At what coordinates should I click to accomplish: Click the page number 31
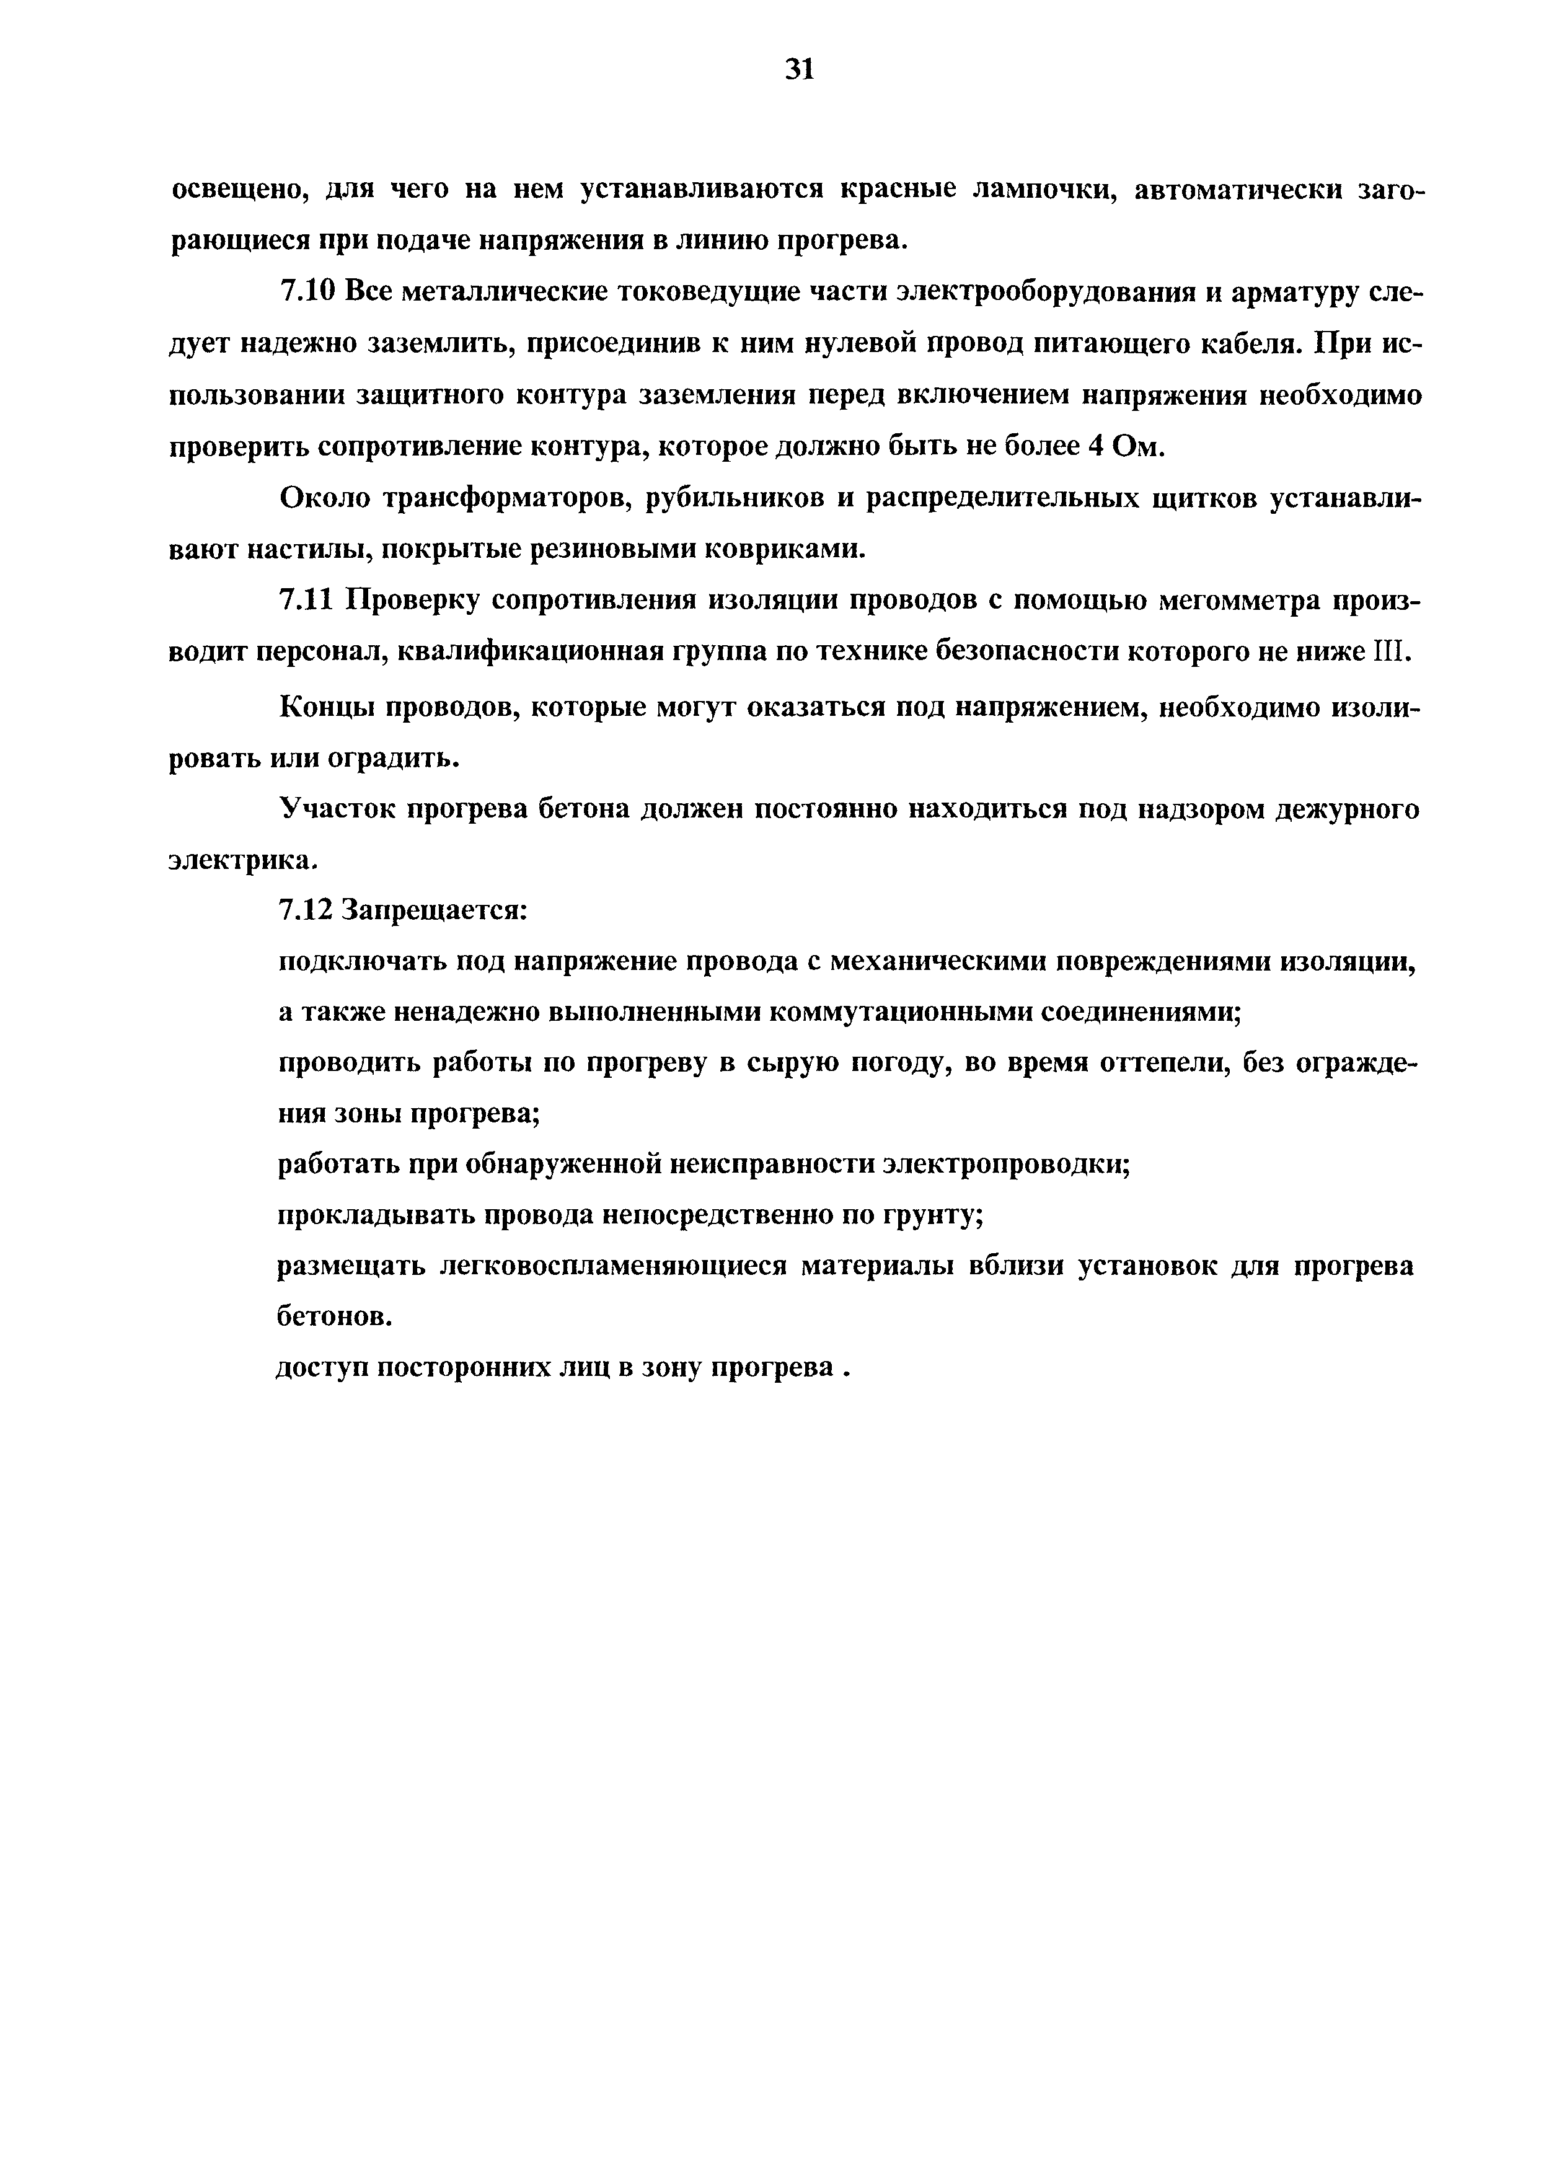click(x=800, y=69)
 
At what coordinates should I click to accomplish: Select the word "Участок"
click(x=334, y=809)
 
